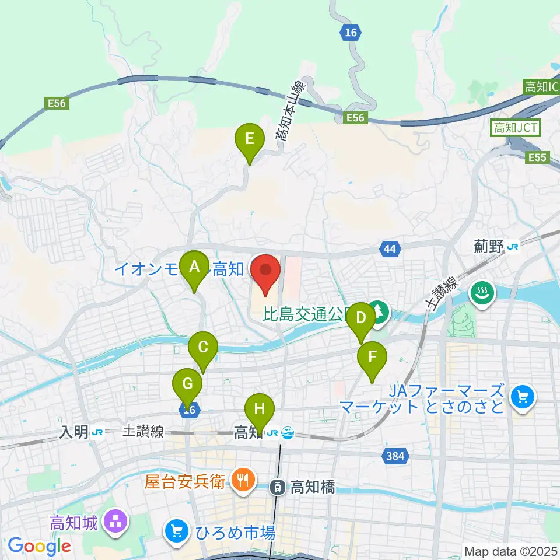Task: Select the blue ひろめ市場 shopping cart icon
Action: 175,531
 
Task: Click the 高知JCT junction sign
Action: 516,127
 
